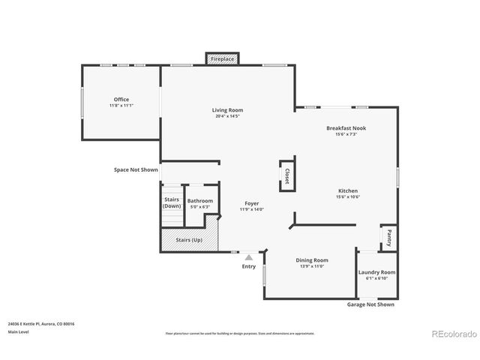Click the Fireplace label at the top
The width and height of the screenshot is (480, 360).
coord(222,58)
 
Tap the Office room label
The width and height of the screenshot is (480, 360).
coord(121,99)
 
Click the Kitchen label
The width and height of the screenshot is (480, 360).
coord(348,190)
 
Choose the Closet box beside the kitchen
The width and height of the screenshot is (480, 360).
coord(286,175)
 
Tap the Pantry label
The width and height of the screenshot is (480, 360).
coord(388,238)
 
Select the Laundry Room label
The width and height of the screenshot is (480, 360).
coord(376,272)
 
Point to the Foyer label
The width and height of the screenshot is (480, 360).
coord(252,203)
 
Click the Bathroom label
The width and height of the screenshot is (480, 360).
coord(200,200)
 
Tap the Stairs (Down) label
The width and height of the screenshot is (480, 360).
coord(172,202)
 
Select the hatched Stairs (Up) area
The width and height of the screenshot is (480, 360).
coord(189,239)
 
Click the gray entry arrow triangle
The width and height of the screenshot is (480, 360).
coord(249,257)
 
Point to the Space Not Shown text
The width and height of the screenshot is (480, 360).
coord(136,170)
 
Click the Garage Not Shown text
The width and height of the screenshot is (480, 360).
coord(370,304)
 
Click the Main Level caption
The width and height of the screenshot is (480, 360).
coord(19,331)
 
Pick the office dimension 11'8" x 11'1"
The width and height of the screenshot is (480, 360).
coord(121,106)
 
